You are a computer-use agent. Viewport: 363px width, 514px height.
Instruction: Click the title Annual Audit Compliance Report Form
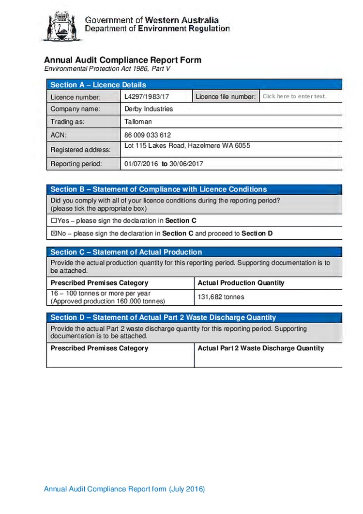point(122,60)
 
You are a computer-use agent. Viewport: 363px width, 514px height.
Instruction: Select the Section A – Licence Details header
point(98,85)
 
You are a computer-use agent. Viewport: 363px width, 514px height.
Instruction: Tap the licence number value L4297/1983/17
point(147,96)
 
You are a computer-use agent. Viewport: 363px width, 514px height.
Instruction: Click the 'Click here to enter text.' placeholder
point(294,96)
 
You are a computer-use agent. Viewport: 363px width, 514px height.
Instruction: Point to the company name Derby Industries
point(149,109)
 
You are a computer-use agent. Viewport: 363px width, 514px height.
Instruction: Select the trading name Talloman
point(138,122)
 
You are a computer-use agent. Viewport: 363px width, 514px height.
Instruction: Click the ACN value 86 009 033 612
point(148,135)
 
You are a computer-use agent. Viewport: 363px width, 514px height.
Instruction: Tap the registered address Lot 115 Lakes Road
point(187,145)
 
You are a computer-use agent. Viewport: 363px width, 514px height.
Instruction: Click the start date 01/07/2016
point(141,164)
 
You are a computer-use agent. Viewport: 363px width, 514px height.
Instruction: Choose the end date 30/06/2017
point(186,164)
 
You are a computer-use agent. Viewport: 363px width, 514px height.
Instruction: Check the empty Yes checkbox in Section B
point(54,221)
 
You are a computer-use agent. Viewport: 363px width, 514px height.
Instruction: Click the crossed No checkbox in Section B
point(54,234)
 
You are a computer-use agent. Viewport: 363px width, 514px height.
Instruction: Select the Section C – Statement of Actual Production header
point(126,252)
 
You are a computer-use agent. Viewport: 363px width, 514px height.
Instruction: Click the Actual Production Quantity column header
point(241,283)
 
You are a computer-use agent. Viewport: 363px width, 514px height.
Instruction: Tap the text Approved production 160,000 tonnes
point(108,301)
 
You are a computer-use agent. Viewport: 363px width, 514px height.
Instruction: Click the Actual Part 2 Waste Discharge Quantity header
point(261,348)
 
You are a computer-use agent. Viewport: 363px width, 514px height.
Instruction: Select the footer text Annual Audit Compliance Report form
point(124,489)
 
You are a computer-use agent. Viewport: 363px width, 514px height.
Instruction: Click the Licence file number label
point(226,96)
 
